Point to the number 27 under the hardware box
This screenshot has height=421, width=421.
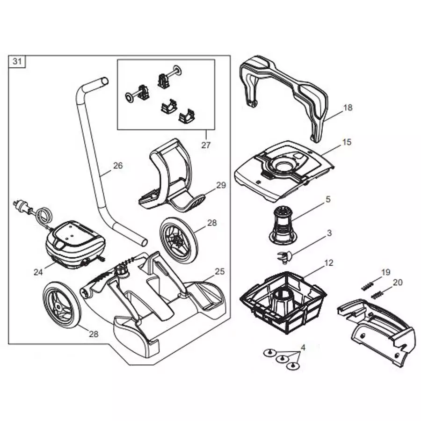click(x=206, y=145)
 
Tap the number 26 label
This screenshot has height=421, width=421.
click(x=118, y=165)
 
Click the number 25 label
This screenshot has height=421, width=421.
click(x=220, y=271)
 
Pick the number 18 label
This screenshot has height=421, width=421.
click(x=348, y=108)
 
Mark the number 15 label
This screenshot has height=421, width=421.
click(x=347, y=142)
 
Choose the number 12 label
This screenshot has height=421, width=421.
click(x=329, y=263)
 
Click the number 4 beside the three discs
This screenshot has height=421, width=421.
click(x=303, y=348)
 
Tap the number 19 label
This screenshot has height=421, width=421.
click(x=385, y=272)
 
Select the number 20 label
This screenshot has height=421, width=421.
click(x=397, y=282)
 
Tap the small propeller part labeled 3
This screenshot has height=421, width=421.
click(x=283, y=255)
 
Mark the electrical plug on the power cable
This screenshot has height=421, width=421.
click(x=22, y=206)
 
